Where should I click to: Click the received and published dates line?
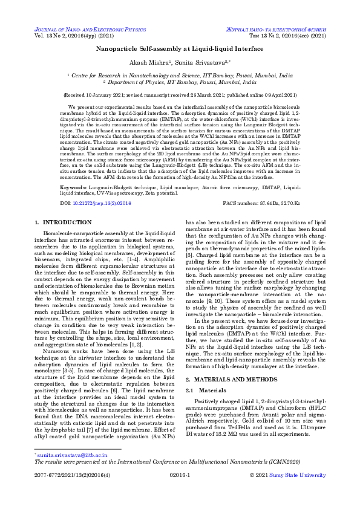pyautogui.click(x=180, y=95)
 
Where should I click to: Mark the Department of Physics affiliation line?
pyautogui.click(x=180, y=81)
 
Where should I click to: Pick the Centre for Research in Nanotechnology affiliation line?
pyautogui.click(x=180, y=76)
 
